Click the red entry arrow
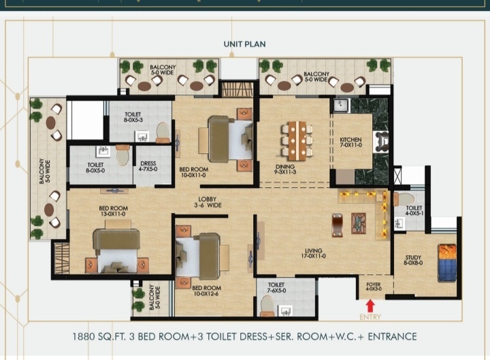(370, 306)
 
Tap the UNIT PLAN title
(244, 44)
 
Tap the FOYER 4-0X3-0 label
(374, 287)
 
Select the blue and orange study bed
(446, 262)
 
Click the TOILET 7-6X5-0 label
(276, 288)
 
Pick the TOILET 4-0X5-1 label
(414, 211)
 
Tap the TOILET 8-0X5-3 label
(133, 116)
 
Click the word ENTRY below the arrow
(370, 317)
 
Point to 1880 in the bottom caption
(87, 337)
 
